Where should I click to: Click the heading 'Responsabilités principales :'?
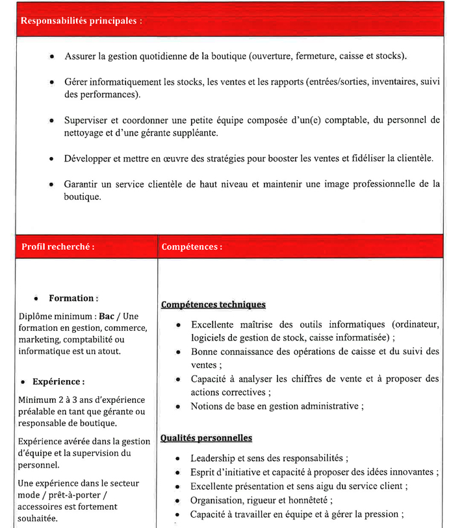point(81,21)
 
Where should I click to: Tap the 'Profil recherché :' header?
point(58,246)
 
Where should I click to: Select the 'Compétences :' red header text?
point(192,246)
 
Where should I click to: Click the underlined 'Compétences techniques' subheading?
point(213,304)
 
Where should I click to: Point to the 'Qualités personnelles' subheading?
point(207,438)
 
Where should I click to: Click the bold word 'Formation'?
point(71,298)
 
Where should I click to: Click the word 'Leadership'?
point(212,458)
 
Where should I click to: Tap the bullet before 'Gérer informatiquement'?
point(52,82)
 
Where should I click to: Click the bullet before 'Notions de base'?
point(177,407)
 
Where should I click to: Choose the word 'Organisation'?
point(216,500)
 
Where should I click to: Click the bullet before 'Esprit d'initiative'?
point(177,472)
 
